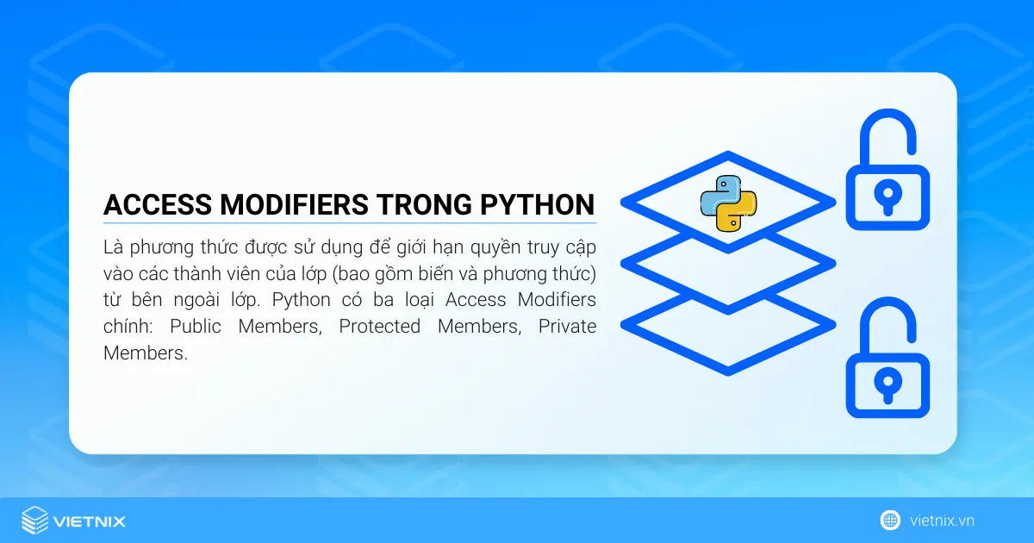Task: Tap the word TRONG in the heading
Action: [422, 205]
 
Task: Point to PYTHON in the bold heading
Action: [539, 205]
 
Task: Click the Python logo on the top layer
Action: [728, 203]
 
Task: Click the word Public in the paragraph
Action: [195, 327]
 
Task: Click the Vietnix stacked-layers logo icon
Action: [34, 520]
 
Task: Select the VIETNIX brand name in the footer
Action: [89, 521]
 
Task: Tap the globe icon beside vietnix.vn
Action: [890, 520]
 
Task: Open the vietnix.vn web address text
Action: [942, 521]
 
